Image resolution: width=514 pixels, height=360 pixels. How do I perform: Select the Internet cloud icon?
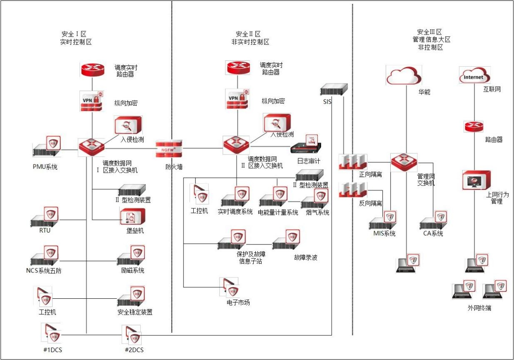click(474, 76)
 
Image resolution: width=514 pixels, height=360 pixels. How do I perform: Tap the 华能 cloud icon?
click(404, 75)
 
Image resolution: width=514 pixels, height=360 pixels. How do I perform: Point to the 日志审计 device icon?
click(307, 147)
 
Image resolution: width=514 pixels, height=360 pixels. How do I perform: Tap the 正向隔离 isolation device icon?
click(353, 162)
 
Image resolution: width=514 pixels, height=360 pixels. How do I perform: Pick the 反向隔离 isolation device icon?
click(353, 190)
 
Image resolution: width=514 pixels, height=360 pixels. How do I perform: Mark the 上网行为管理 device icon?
click(477, 180)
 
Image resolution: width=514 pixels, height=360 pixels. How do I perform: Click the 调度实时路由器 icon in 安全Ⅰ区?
click(92, 69)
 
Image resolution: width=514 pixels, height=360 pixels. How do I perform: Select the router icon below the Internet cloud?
click(474, 126)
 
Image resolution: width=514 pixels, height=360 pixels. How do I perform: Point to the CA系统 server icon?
click(434, 222)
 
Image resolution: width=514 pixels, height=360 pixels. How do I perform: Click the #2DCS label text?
click(134, 350)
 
